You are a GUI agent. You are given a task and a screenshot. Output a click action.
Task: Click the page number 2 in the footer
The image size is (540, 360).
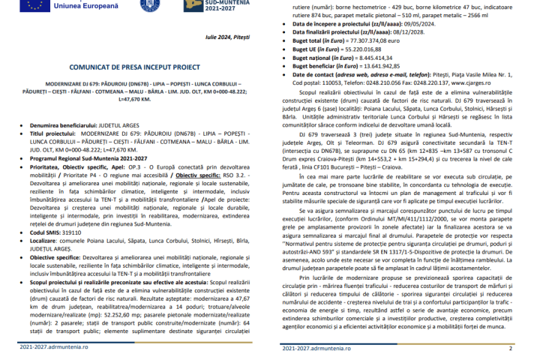(511, 348)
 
